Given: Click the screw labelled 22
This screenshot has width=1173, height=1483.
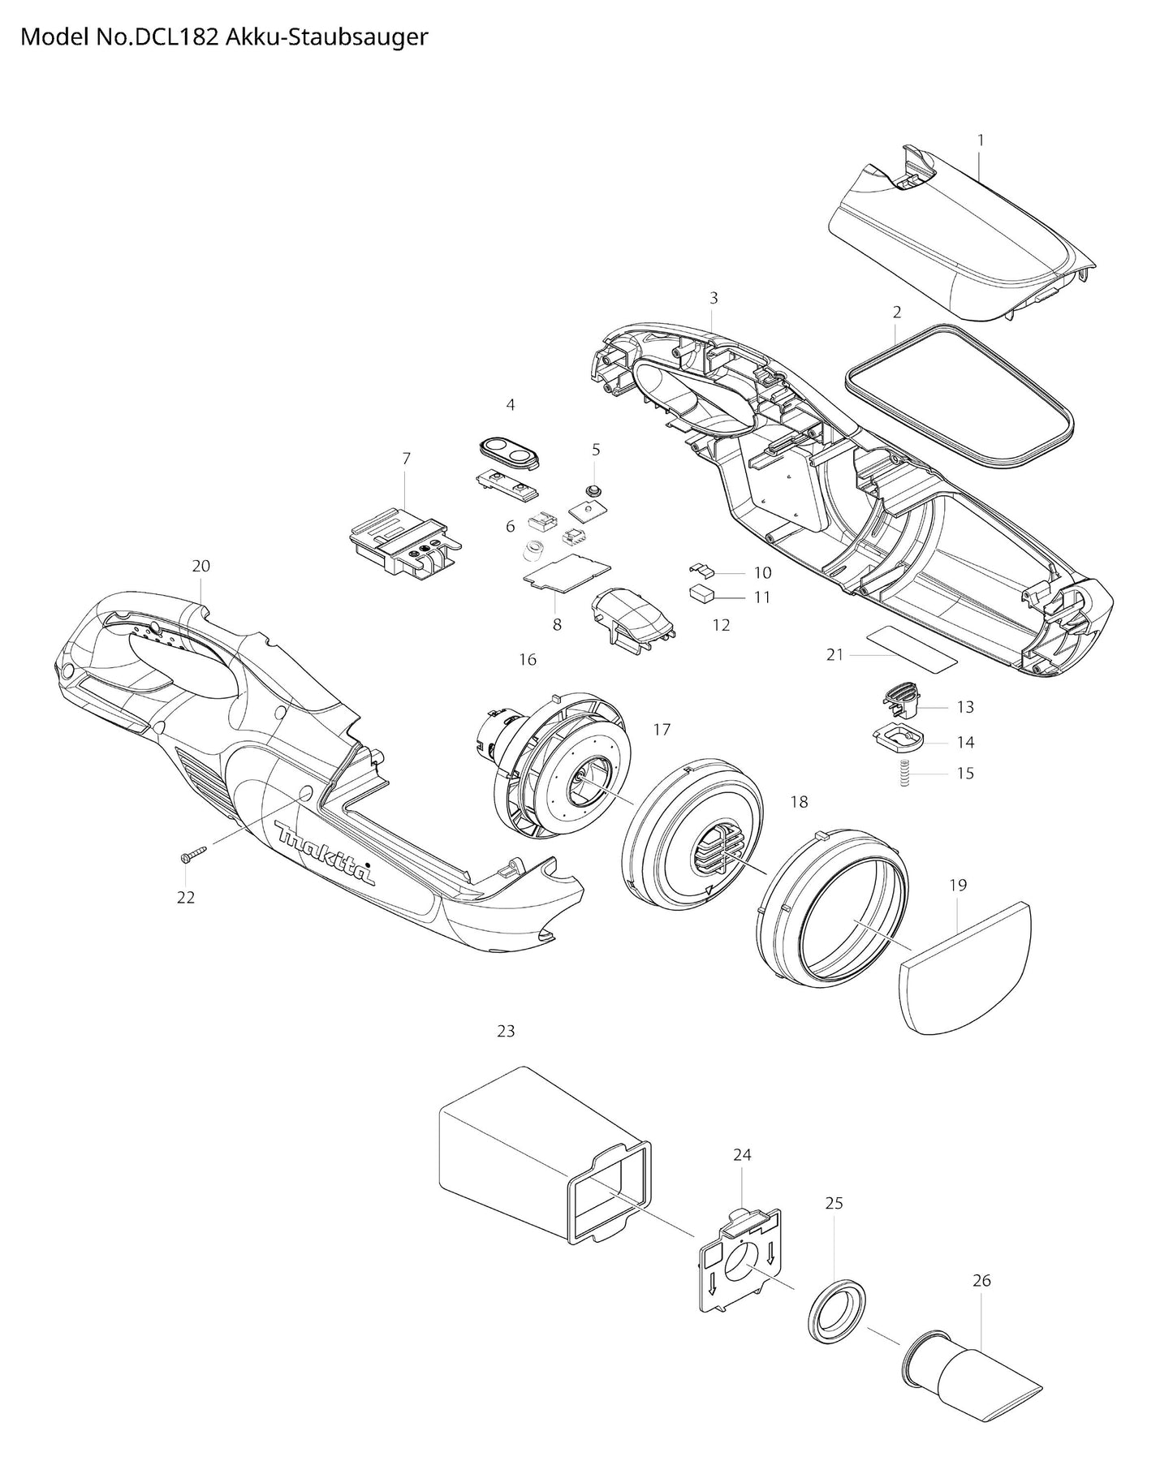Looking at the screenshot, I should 192,854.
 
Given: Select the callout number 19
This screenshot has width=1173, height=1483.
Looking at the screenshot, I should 957,884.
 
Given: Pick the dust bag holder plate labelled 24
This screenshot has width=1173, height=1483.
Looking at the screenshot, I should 739,1257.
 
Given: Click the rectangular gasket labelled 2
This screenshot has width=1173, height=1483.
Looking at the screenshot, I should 959,398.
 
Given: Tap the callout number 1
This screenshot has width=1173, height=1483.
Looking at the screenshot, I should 980,140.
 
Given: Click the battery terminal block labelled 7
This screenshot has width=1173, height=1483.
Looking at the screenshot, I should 403,543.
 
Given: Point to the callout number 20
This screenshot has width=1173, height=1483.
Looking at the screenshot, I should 201,566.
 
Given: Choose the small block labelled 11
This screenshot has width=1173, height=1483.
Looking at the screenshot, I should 702,594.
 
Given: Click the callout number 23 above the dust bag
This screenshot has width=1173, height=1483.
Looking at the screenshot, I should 506,1031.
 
